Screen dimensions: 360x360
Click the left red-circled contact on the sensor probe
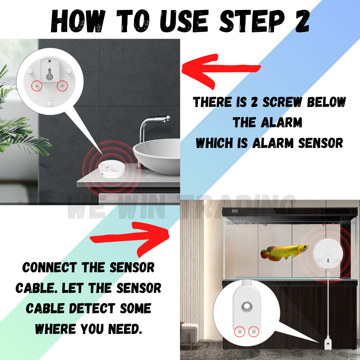point(239,331)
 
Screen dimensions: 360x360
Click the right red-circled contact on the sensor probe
point(254,331)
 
